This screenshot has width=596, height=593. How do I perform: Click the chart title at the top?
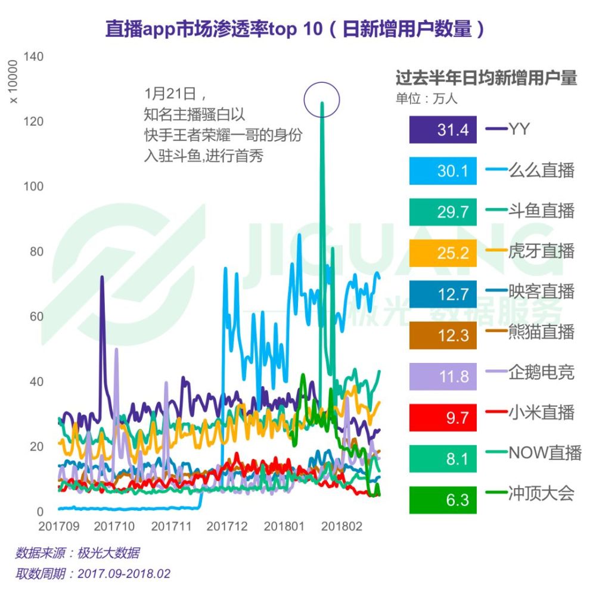[x=296, y=29]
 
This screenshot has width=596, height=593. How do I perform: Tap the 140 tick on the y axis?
[x=33, y=57]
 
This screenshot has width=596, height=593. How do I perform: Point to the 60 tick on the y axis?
[x=36, y=316]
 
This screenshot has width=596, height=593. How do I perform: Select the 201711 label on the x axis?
[x=172, y=527]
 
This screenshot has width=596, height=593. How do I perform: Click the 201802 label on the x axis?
[x=339, y=527]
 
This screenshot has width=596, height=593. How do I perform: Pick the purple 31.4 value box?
[x=443, y=129]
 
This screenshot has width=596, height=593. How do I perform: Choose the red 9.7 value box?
[x=443, y=417]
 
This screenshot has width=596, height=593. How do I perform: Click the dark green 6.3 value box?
[x=443, y=499]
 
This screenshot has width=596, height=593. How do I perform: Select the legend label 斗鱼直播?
[x=541, y=210]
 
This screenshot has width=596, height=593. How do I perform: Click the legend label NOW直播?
[x=544, y=453]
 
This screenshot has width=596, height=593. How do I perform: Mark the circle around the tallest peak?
[x=321, y=98]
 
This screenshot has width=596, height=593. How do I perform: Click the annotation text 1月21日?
[x=170, y=94]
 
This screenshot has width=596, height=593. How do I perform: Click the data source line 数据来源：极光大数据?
[x=77, y=553]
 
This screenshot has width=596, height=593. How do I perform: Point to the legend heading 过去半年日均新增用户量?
[x=486, y=79]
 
